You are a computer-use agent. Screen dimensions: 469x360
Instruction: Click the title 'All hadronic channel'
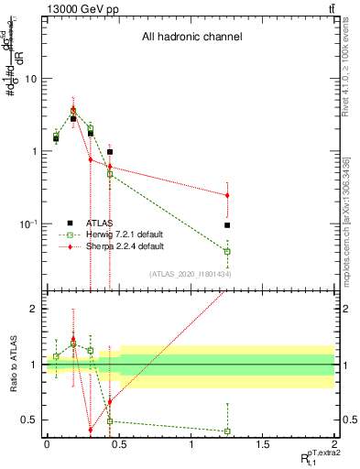[191, 38]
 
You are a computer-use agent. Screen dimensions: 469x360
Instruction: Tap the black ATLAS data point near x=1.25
[227, 224]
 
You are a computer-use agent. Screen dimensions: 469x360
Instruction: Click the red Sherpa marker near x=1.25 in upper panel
[227, 195]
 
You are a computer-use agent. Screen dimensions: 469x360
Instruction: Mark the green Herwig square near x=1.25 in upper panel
[227, 251]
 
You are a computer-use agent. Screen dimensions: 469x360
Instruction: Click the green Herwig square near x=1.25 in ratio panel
[227, 431]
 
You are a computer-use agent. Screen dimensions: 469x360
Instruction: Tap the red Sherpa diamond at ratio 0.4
[91, 430]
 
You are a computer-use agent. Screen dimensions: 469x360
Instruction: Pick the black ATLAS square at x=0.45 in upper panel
[110, 152]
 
